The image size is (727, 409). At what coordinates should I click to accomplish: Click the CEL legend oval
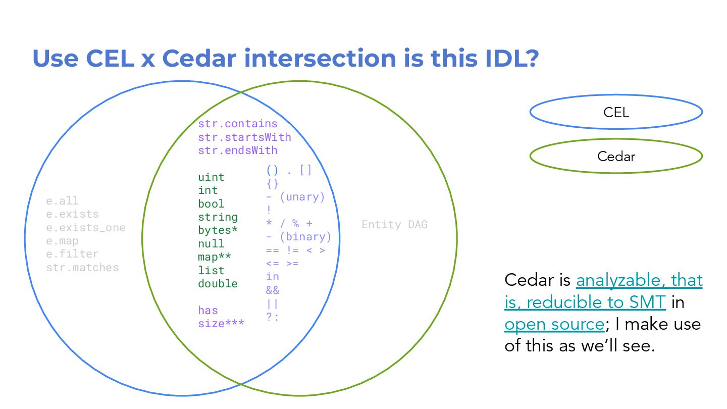pyautogui.click(x=616, y=112)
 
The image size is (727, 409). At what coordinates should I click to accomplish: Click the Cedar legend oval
pyautogui.click(x=616, y=156)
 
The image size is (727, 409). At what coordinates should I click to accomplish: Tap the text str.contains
pyautogui.click(x=237, y=124)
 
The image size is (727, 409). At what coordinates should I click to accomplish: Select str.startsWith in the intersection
pyautogui.click(x=244, y=137)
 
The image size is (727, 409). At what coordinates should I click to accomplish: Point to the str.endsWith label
pyautogui.click(x=237, y=150)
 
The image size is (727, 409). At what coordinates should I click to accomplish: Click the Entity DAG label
pyautogui.click(x=394, y=225)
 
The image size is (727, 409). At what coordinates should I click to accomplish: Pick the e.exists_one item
pyautogui.click(x=85, y=227)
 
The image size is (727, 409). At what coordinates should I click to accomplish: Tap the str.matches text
pyautogui.click(x=82, y=268)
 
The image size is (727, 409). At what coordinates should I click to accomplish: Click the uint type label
pyautogui.click(x=211, y=177)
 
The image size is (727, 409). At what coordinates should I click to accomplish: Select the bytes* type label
pyautogui.click(x=218, y=230)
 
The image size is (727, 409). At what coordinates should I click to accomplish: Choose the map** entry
pyautogui.click(x=215, y=257)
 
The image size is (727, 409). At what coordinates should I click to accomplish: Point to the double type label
pyautogui.click(x=218, y=284)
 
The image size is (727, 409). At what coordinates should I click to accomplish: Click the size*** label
pyautogui.click(x=221, y=324)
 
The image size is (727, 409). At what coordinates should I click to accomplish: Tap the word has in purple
pyautogui.click(x=207, y=310)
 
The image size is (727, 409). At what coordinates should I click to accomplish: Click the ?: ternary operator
pyautogui.click(x=272, y=317)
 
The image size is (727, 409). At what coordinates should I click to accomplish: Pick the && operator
pyautogui.click(x=272, y=290)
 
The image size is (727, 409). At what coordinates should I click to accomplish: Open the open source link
pyautogui.click(x=554, y=324)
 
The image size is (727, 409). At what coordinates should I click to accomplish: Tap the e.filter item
pyautogui.click(x=72, y=254)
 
